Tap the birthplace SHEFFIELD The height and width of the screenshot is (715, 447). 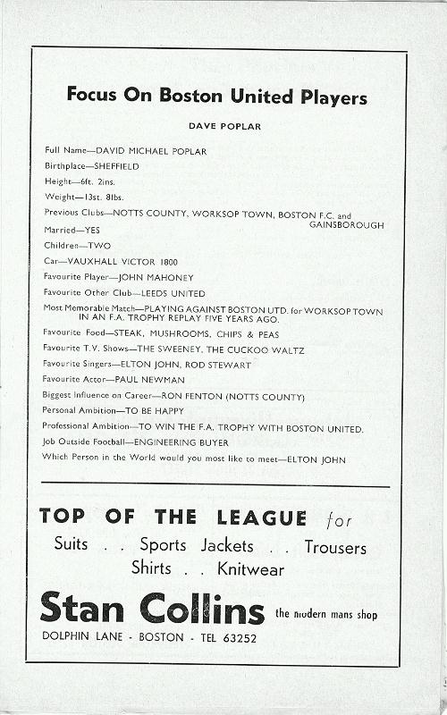coord(112,166)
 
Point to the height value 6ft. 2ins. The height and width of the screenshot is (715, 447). coord(93,181)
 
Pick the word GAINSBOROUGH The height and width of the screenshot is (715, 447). coord(346,225)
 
